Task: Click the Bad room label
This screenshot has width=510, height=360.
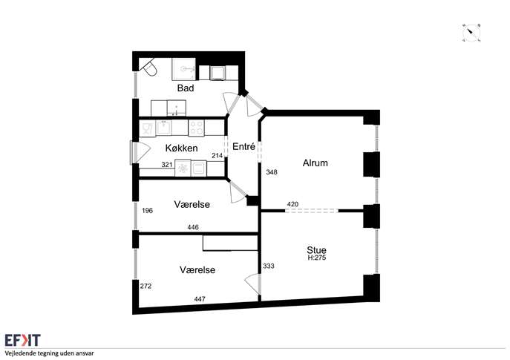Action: pyautogui.click(x=186, y=88)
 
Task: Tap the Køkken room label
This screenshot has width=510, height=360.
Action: pyautogui.click(x=181, y=148)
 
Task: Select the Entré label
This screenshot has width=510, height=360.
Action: pyautogui.click(x=243, y=146)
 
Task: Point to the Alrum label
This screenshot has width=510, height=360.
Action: pyautogui.click(x=315, y=163)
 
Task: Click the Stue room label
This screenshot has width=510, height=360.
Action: pyautogui.click(x=316, y=250)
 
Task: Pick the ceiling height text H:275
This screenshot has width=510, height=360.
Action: pyautogui.click(x=317, y=258)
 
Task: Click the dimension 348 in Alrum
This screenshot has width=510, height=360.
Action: pyautogui.click(x=272, y=172)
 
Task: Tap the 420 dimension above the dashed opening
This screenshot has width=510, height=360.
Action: pyautogui.click(x=292, y=204)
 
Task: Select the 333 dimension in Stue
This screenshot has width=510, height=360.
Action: pyautogui.click(x=269, y=266)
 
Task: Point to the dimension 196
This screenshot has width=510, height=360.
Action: pyautogui.click(x=147, y=211)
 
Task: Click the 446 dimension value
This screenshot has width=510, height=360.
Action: pyautogui.click(x=193, y=227)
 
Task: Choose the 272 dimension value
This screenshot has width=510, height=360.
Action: pyautogui.click(x=146, y=287)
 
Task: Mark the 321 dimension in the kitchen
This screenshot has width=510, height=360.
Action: pyautogui.click(x=167, y=165)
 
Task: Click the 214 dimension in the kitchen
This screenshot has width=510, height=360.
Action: pyautogui.click(x=218, y=156)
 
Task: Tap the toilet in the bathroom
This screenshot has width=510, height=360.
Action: pyautogui.click(x=148, y=67)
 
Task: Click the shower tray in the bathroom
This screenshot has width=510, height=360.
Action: pyautogui.click(x=184, y=69)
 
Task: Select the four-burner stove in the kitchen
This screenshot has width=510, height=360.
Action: pyautogui.click(x=197, y=128)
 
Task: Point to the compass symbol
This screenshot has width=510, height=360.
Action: pyautogui.click(x=471, y=33)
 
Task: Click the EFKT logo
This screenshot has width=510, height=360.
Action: pyautogui.click(x=22, y=340)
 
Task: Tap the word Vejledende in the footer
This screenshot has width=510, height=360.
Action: pyautogui.click(x=19, y=353)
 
